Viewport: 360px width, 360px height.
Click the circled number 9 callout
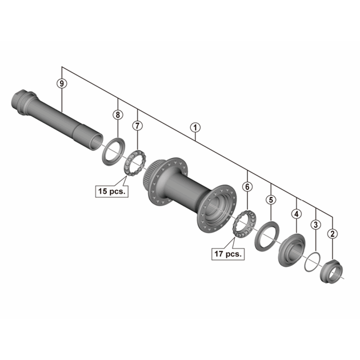(x=62, y=83)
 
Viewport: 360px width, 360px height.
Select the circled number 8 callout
(x=118, y=114)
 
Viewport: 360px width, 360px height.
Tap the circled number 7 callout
(x=137, y=126)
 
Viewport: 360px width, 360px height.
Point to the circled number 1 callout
(x=195, y=127)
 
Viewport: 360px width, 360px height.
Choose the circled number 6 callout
(x=247, y=187)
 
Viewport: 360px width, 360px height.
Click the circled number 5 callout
(x=271, y=200)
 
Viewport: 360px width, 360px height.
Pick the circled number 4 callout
(x=297, y=214)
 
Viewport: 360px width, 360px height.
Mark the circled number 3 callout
(x=315, y=225)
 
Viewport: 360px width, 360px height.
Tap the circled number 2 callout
(x=333, y=234)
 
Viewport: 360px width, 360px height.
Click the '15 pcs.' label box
(x=112, y=191)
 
